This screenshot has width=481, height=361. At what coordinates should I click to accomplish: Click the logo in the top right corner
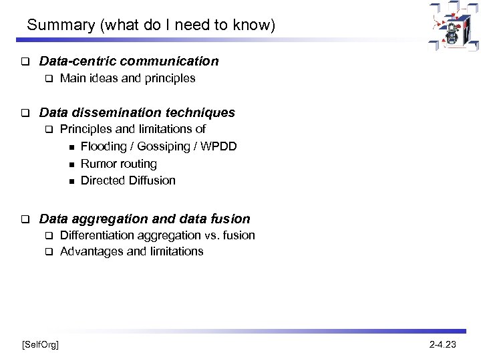454,26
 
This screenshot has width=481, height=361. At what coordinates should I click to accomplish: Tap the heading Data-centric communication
129,62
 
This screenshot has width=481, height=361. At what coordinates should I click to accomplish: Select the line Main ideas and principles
128,78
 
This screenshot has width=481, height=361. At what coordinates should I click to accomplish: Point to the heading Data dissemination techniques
137,113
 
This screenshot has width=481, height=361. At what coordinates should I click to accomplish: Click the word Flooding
104,146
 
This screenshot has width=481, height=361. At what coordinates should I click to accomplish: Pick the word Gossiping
162,146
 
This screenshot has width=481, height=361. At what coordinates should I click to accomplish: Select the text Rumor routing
118,163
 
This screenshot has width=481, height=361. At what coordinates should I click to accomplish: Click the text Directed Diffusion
128,180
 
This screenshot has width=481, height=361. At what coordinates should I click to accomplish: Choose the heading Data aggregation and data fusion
145,219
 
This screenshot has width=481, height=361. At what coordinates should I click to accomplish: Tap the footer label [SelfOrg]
40,344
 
